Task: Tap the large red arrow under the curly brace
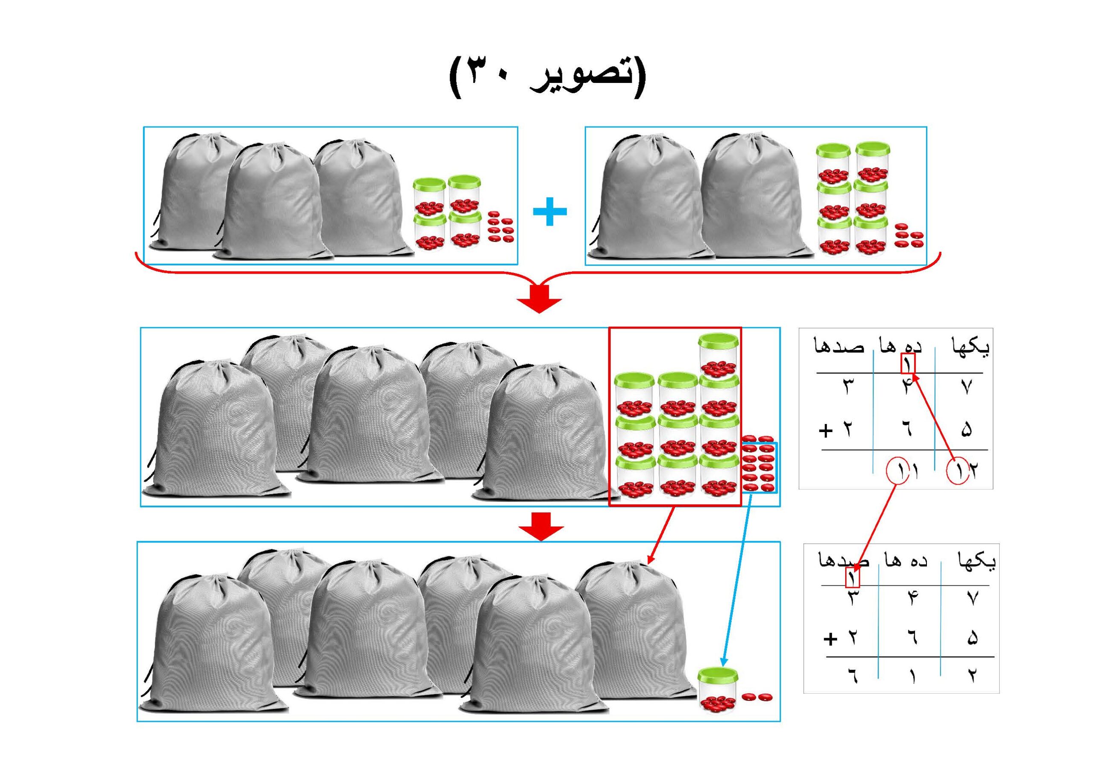pos(539,299)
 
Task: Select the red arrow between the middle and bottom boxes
pos(542,526)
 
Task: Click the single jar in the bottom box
pos(718,690)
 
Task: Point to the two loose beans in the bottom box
pos(758,697)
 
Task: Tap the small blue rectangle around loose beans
pos(759,467)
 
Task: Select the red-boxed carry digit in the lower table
pos(852,577)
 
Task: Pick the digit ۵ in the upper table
pos(965,430)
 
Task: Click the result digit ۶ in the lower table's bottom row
pos(852,675)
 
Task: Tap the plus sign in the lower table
pos(830,639)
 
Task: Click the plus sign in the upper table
pos(826,431)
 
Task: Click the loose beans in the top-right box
pos(908,236)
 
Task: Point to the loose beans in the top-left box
pos(500,228)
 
